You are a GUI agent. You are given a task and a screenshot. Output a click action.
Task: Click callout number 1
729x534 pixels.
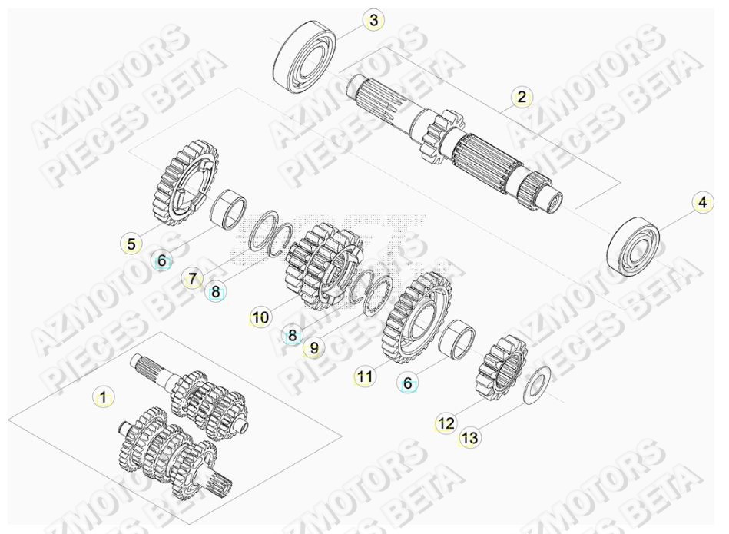coord(101,397)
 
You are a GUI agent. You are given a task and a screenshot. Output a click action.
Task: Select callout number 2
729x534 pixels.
coord(522,97)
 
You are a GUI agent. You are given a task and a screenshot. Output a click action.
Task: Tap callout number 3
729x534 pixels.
coord(373,21)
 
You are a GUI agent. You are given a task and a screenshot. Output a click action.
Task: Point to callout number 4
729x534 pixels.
coord(701,204)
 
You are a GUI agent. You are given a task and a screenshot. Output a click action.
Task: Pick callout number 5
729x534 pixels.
coord(131,244)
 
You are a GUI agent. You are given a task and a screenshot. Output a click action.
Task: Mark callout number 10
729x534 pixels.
coord(260,316)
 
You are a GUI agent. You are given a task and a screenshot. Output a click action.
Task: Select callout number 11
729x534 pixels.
coord(365,376)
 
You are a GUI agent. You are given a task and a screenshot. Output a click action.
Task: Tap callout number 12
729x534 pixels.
coord(446,423)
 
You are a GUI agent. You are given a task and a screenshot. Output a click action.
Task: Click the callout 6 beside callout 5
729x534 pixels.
coord(162,261)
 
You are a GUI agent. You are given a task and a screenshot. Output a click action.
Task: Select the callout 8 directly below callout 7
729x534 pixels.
coord(216,292)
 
